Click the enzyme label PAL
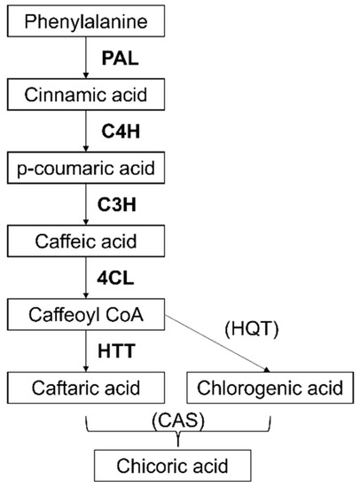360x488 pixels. click(121, 58)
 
